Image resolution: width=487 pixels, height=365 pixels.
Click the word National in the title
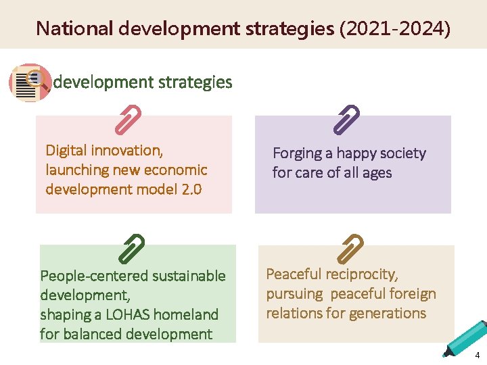point(74,28)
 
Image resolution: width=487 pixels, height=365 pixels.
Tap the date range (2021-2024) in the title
point(395,28)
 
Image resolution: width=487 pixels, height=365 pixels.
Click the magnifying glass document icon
point(29,82)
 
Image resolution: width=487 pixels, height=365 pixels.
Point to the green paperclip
point(131,248)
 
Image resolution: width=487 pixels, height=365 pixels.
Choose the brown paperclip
point(350,248)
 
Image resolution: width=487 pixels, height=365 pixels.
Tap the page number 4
point(478,356)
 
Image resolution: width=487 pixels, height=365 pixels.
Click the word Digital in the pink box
point(66,150)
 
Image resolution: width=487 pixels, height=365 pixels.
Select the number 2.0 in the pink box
point(192,189)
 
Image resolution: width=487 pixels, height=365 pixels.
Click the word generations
point(392,314)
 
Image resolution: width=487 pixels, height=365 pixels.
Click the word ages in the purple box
point(377,173)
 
